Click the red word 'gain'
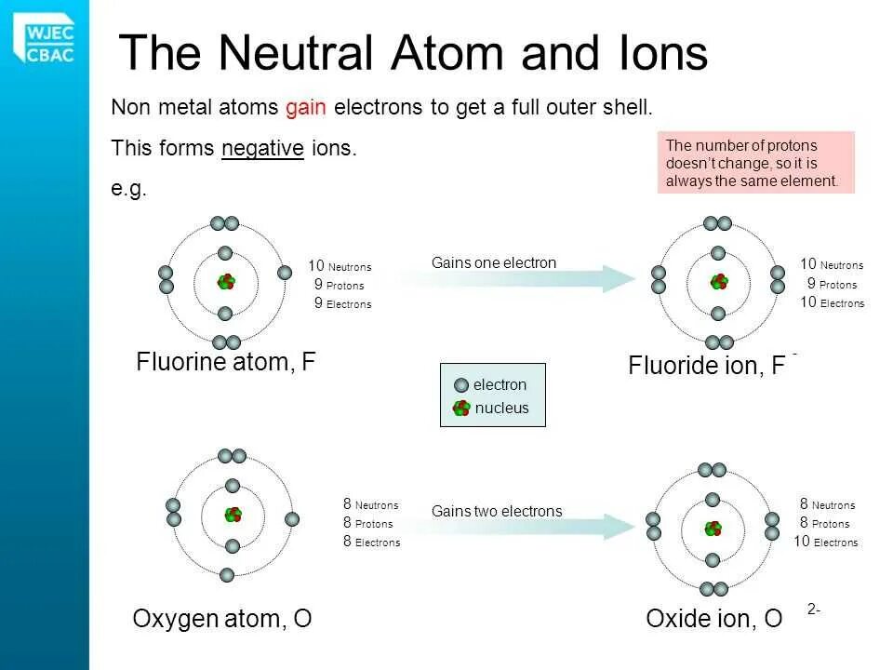305,107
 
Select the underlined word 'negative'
262,148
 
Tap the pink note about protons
755,163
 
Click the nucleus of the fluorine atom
225,282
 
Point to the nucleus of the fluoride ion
718,282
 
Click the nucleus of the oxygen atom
233,515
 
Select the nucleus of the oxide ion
713,529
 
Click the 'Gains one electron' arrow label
494,263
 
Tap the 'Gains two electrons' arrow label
497,511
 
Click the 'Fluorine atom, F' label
226,362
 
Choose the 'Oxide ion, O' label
713,619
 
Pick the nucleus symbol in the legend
461,408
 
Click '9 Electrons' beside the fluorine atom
342,303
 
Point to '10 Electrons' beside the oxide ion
826,542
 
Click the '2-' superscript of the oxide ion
814,610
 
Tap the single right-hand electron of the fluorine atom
285,274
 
